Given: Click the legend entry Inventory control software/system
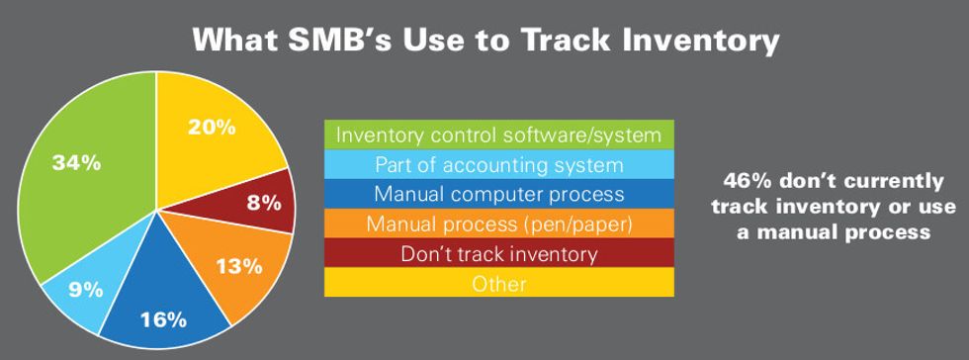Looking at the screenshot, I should click(498, 135).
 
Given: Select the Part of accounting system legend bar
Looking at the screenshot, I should click(498, 164).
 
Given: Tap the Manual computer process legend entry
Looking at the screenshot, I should click(498, 194).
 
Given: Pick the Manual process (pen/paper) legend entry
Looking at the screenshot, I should click(498, 224).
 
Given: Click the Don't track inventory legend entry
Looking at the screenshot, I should click(498, 253).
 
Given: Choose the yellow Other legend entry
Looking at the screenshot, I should click(498, 283).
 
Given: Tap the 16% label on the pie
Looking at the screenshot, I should click(162, 318).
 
